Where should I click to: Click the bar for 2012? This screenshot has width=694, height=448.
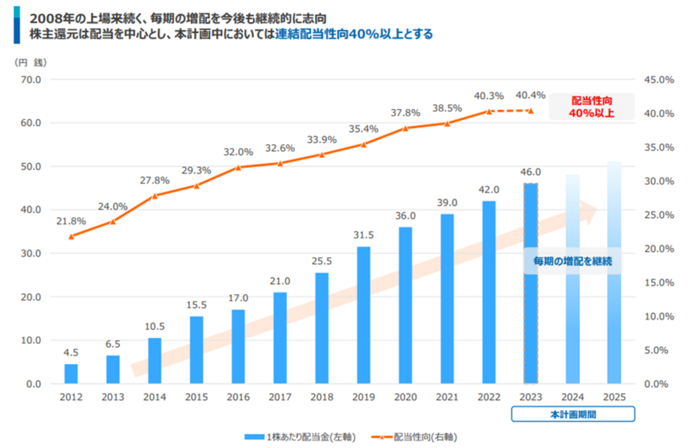pos(71,374)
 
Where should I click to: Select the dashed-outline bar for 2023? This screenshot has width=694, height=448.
pos(531,283)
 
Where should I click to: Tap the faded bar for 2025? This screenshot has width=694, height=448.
pos(614,273)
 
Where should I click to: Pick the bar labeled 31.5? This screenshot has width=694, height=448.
pos(364,315)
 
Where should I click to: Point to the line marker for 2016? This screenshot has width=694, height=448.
pos(238,167)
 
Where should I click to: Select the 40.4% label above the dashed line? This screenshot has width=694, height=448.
pos(531,96)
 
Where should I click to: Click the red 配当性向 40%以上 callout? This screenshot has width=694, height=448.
pos(592,106)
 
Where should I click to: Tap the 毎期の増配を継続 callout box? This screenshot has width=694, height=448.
pos(572,261)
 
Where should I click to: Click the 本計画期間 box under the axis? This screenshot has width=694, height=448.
pos(572,414)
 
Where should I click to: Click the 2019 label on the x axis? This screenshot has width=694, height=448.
pos(364,398)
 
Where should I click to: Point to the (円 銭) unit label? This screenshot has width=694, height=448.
pos(30,62)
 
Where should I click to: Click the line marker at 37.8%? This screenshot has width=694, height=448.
pos(405,128)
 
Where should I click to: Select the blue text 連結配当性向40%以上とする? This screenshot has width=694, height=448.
pos(354,34)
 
